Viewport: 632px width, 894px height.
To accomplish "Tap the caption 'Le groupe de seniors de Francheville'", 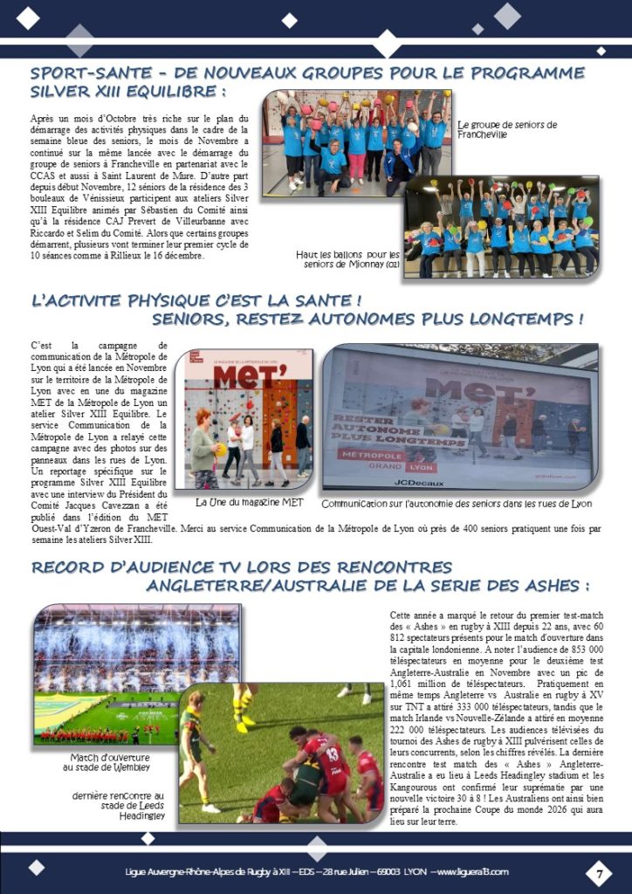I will (x=506, y=129).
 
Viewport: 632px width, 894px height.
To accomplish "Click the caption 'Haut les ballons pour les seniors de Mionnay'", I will (x=347, y=258).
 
